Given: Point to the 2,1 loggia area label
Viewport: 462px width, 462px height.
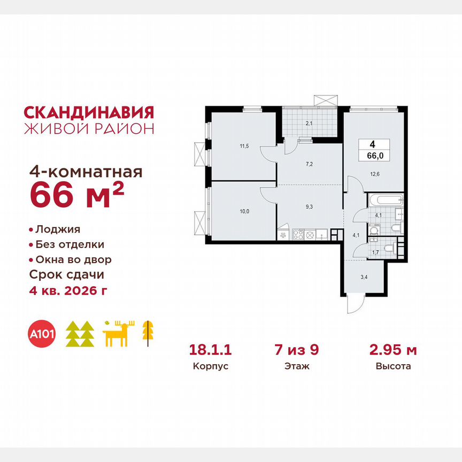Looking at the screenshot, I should [x=309, y=124].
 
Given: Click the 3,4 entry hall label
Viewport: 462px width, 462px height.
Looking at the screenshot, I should [x=364, y=278].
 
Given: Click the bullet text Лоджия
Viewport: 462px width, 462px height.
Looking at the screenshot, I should [x=57, y=229].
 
